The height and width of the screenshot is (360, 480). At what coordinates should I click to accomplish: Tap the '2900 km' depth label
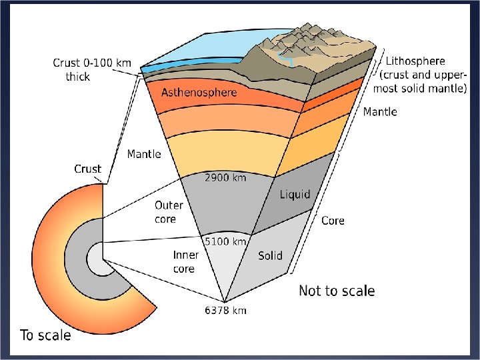pos(225,178)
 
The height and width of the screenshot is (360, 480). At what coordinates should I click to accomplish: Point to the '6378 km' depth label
pos(226,310)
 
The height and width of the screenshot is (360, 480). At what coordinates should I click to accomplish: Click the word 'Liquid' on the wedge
pos(295,194)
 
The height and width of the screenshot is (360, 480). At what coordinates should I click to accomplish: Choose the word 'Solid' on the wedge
pos(270,255)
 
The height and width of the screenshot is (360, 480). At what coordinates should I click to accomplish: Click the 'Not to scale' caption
pos(337,291)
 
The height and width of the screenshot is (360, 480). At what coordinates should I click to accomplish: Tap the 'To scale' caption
pos(45,335)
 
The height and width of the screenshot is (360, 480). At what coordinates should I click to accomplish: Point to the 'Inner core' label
pos(185,261)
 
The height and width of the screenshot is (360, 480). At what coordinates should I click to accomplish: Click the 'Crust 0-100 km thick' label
pos(92,69)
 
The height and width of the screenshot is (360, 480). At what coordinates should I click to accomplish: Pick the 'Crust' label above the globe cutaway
pos(87,169)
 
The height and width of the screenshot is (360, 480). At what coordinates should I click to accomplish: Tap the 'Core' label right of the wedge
pos(333,220)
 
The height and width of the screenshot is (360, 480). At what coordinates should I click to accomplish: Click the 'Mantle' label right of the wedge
pos(380,112)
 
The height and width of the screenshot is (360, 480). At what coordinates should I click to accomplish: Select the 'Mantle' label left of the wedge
pos(144,154)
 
